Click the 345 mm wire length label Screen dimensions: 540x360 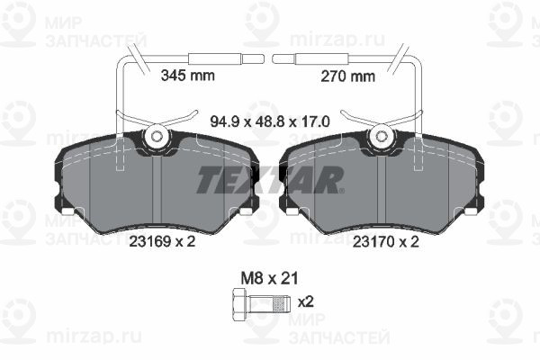coord(188,75)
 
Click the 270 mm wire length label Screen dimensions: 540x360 coord(347,76)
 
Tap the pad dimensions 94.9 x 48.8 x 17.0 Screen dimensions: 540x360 coord(270,121)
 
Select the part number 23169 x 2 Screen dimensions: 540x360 coord(162,241)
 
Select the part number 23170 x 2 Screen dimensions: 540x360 coord(386,242)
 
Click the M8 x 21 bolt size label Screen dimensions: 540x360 coord(269,278)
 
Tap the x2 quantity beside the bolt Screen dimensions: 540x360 coord(306,302)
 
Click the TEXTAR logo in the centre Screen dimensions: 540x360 coord(270,180)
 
